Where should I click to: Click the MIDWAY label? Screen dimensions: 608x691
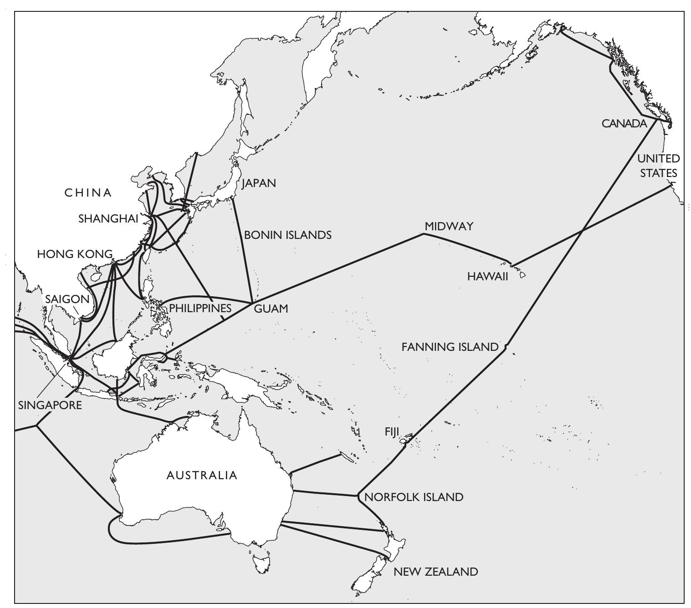click(x=449, y=226)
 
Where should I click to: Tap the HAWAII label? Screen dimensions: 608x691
click(x=487, y=277)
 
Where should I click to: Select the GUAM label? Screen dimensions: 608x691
click(x=271, y=309)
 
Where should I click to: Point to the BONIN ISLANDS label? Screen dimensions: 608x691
click(x=287, y=235)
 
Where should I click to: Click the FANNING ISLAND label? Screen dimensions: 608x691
click(x=450, y=347)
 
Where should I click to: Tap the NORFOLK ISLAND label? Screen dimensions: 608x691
click(x=414, y=497)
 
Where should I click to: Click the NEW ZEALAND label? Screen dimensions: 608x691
click(x=435, y=572)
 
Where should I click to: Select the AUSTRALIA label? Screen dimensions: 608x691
click(x=202, y=476)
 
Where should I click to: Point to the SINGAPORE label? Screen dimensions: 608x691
click(x=50, y=405)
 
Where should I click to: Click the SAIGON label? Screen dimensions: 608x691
click(x=67, y=299)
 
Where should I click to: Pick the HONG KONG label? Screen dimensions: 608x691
click(x=75, y=254)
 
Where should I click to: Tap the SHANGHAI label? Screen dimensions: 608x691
click(x=108, y=218)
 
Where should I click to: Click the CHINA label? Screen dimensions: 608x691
click(x=88, y=193)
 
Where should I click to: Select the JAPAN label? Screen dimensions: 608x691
click(x=259, y=183)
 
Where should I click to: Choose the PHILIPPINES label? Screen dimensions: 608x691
click(x=200, y=308)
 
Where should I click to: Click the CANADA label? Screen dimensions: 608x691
click(x=624, y=124)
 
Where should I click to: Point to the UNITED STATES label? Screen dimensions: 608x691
click(x=658, y=166)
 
